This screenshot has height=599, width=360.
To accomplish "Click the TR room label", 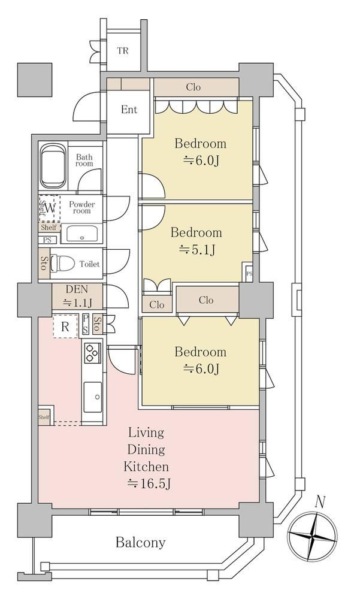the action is click(x=123, y=50).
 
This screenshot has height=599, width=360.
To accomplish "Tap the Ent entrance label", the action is click(x=129, y=110).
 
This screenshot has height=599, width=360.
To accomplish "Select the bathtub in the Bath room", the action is click(x=53, y=166).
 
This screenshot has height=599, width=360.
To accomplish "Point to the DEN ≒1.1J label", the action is click(x=77, y=296).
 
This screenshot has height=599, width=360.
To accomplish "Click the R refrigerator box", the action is click(x=65, y=326).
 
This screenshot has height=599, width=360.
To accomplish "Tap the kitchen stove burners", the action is click(x=92, y=353).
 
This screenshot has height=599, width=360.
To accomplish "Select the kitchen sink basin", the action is click(x=92, y=397).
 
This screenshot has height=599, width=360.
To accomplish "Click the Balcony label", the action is click(x=141, y=543).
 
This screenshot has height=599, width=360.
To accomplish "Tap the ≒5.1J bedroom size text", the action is click(x=197, y=250).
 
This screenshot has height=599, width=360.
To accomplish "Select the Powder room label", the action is click(x=82, y=207).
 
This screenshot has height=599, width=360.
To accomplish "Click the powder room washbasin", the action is click(x=82, y=234).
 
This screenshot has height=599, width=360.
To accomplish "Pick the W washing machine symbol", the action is click(x=50, y=208).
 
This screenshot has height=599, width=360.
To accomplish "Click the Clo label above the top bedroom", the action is click(x=193, y=87).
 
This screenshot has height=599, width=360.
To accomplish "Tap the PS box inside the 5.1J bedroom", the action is click(x=249, y=273).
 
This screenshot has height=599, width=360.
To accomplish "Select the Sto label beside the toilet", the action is click(x=43, y=263).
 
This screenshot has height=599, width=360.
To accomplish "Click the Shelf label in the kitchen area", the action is click(x=44, y=417).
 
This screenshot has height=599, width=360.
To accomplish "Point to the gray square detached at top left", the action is click(x=35, y=80).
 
